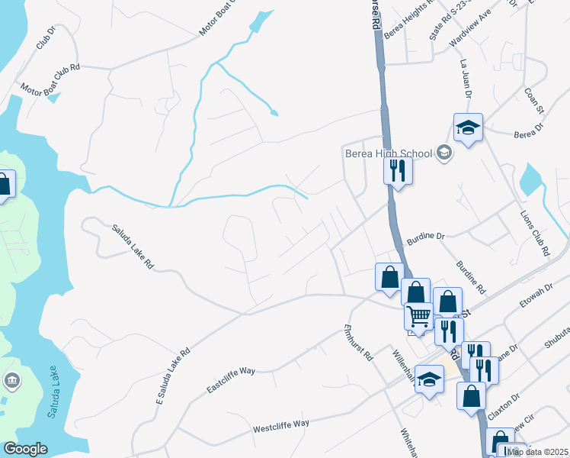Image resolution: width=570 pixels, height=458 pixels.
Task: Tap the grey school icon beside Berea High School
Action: point(444,153)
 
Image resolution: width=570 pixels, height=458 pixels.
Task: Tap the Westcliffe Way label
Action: point(281,424)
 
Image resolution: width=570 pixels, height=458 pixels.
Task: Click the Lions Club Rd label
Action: point(534,232)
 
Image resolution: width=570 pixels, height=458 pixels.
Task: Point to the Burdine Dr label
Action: point(425,237)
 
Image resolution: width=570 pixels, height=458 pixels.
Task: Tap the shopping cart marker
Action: point(418,315)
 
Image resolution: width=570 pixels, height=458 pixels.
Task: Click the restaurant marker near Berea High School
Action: point(397,170)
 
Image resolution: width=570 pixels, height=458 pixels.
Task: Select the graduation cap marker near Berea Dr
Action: point(468,127)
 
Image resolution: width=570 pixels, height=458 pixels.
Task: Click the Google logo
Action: point(25,449)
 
